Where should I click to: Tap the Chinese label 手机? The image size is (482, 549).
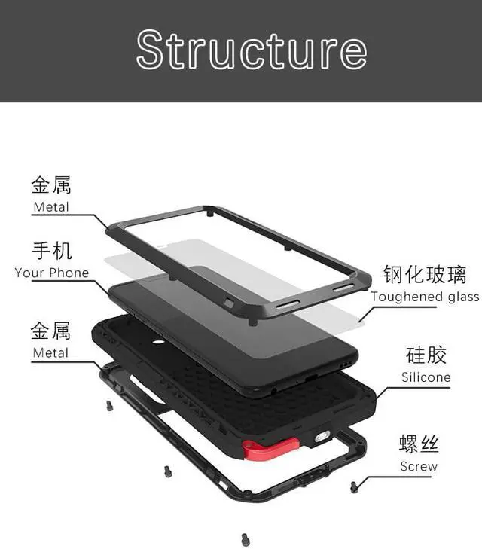click(51, 251)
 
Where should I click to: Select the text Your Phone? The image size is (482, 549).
click(51, 273)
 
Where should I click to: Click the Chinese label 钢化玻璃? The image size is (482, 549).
click(425, 275)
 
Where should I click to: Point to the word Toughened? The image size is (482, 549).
click(407, 297)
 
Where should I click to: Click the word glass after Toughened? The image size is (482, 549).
click(463, 297)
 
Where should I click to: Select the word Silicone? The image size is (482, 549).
click(426, 377)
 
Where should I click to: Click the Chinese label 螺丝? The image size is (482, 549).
click(419, 444)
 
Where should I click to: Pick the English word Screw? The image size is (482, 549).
click(419, 466)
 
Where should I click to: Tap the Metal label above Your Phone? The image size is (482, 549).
click(51, 206)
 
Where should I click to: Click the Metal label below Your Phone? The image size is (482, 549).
click(51, 352)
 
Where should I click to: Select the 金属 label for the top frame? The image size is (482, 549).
click(51, 185)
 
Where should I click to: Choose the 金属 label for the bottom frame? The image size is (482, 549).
click(51, 331)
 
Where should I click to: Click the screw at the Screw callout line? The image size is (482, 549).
click(354, 488)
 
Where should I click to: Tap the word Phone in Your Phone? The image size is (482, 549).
click(70, 273)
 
